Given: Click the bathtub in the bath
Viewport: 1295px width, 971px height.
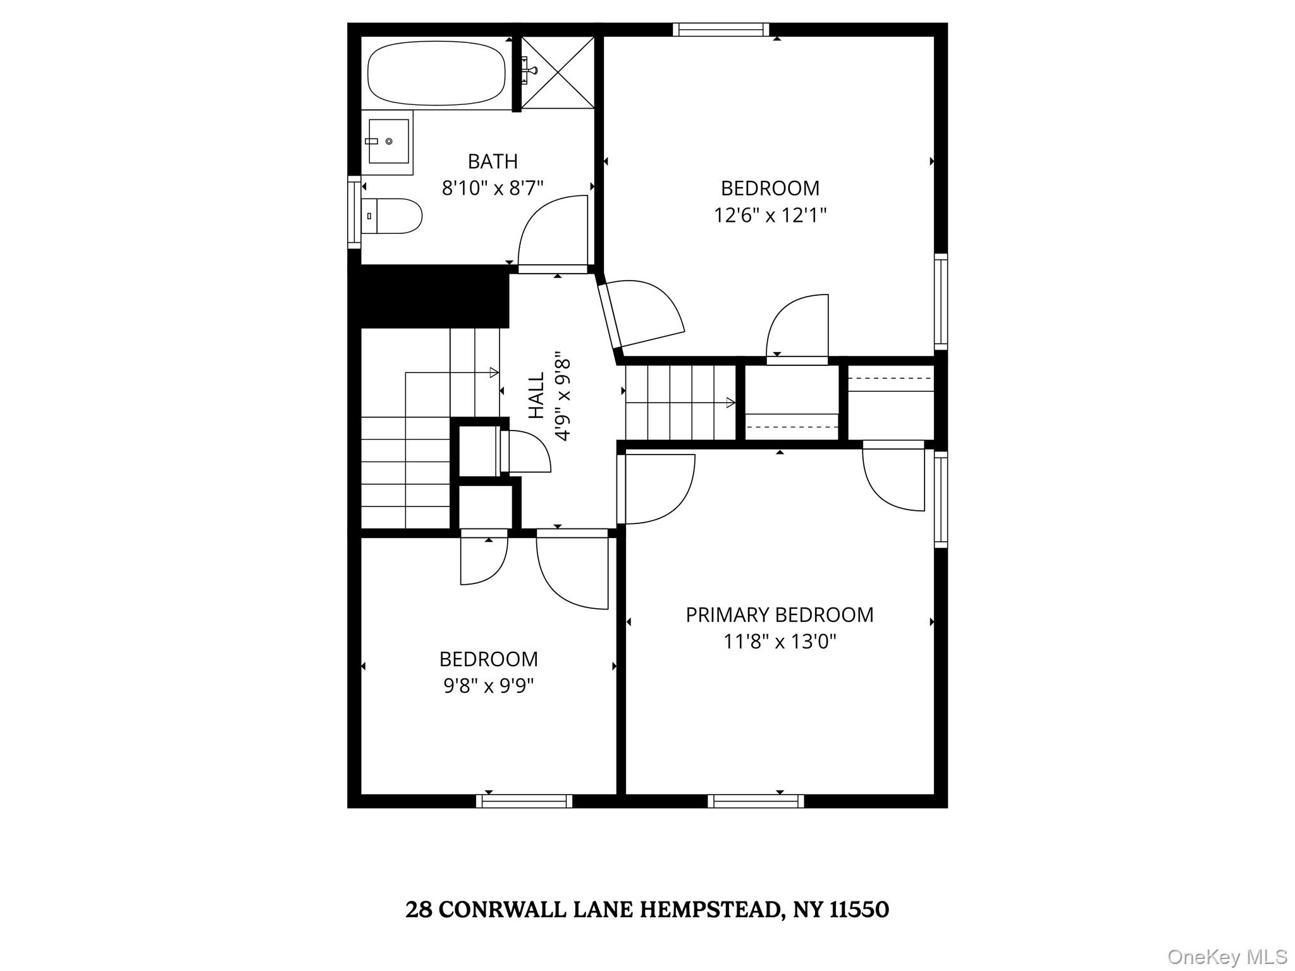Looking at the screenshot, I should tap(436, 73).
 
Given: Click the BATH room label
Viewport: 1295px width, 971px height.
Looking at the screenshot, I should tap(493, 162).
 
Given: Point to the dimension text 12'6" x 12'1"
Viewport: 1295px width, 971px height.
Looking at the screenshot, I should tap(770, 216).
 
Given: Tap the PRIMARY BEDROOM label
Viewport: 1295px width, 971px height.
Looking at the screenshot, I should tap(779, 614).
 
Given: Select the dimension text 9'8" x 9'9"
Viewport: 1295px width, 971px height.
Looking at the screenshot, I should tap(488, 685).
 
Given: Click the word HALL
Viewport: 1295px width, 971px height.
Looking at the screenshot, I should tap(536, 395).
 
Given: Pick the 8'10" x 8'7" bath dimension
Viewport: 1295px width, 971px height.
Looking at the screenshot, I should tap(493, 188).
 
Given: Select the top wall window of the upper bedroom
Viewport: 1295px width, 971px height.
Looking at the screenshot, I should tap(721, 30).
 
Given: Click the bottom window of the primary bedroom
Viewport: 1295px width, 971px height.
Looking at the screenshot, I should tap(756, 801).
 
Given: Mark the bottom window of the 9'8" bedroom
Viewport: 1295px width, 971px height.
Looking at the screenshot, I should tap(524, 801).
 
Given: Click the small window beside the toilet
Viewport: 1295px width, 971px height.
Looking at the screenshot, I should tap(353, 212).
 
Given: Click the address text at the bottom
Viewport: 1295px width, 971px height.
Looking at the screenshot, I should tap(647, 910).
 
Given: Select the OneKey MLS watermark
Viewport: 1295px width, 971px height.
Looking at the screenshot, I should tap(1227, 956).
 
